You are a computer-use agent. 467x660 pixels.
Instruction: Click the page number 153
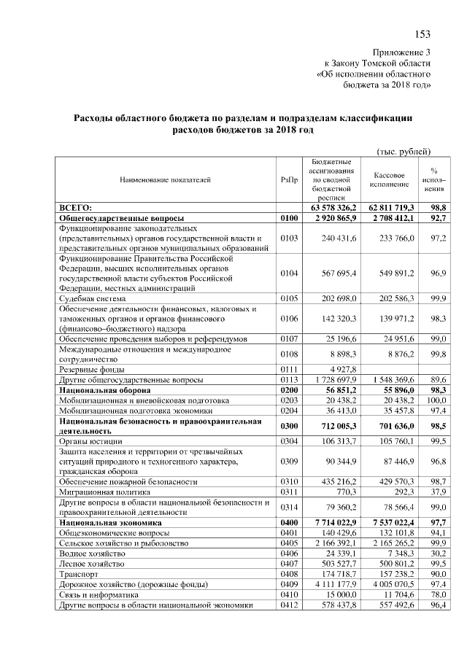pyautogui.click(x=422, y=34)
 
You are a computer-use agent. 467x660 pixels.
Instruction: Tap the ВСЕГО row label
pyautogui.click(x=75, y=208)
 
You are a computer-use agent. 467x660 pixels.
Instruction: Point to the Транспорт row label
pyautogui.click(x=77, y=574)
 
